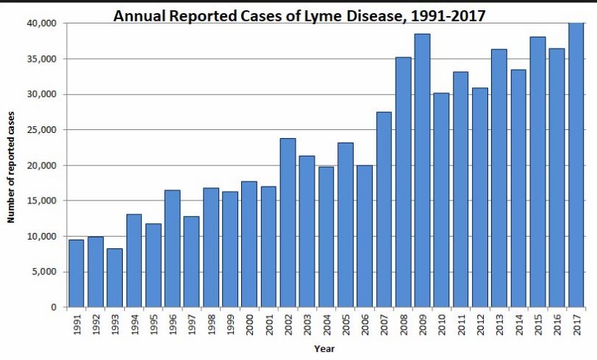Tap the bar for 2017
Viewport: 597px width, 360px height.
[x=576, y=165]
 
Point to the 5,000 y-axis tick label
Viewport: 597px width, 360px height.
[x=44, y=272]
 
